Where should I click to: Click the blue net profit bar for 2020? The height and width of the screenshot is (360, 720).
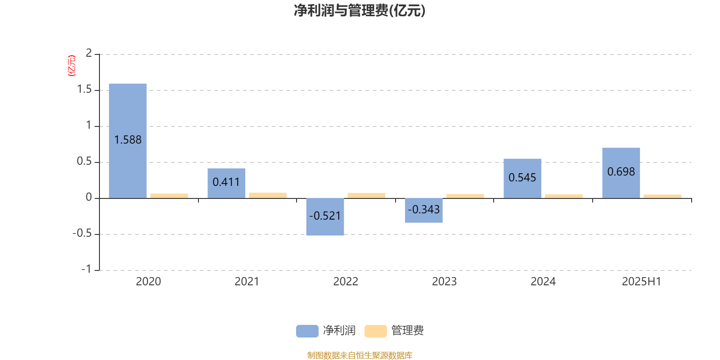[x=128, y=141]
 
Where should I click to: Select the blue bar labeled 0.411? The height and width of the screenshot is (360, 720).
[x=226, y=184]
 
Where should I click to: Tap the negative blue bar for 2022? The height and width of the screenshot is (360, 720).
[x=325, y=217]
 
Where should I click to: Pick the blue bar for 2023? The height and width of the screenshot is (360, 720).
[x=423, y=211]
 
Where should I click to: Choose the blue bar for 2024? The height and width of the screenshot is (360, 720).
[x=522, y=179]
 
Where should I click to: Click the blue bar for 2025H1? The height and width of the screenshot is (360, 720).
[x=621, y=173]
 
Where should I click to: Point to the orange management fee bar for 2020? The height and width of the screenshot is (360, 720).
[x=169, y=196]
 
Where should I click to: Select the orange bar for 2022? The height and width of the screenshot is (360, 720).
[x=366, y=196]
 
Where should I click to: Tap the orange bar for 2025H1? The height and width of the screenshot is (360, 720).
[x=662, y=196]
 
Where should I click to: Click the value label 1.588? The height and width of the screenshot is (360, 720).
[x=128, y=140]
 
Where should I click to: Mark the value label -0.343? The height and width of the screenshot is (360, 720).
[x=423, y=210]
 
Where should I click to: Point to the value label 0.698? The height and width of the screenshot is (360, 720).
[x=621, y=171]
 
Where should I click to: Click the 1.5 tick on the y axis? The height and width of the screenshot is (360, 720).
[x=85, y=90]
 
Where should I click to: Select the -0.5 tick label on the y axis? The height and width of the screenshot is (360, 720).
[x=82, y=234]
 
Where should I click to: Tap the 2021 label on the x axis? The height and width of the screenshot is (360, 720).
[x=247, y=282]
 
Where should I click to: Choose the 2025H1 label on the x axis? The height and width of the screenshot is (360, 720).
[x=642, y=282]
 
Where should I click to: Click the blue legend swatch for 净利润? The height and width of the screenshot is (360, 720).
[x=307, y=331]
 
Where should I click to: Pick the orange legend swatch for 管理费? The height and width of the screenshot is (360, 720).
[x=375, y=331]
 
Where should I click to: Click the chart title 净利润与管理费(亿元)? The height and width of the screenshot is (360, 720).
[x=360, y=11]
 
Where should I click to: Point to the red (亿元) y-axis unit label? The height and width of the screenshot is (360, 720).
[x=72, y=66]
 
